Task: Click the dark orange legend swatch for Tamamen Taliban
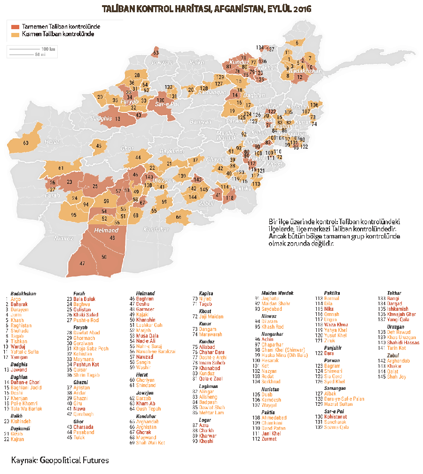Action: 16,27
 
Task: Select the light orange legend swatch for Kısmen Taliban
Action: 16,34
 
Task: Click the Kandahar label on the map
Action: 157,229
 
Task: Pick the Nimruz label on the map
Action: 63,238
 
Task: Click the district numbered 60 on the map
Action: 25,142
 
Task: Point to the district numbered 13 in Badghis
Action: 117,119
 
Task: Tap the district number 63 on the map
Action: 156,53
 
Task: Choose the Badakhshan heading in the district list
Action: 23,293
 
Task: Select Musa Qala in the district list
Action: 147,336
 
